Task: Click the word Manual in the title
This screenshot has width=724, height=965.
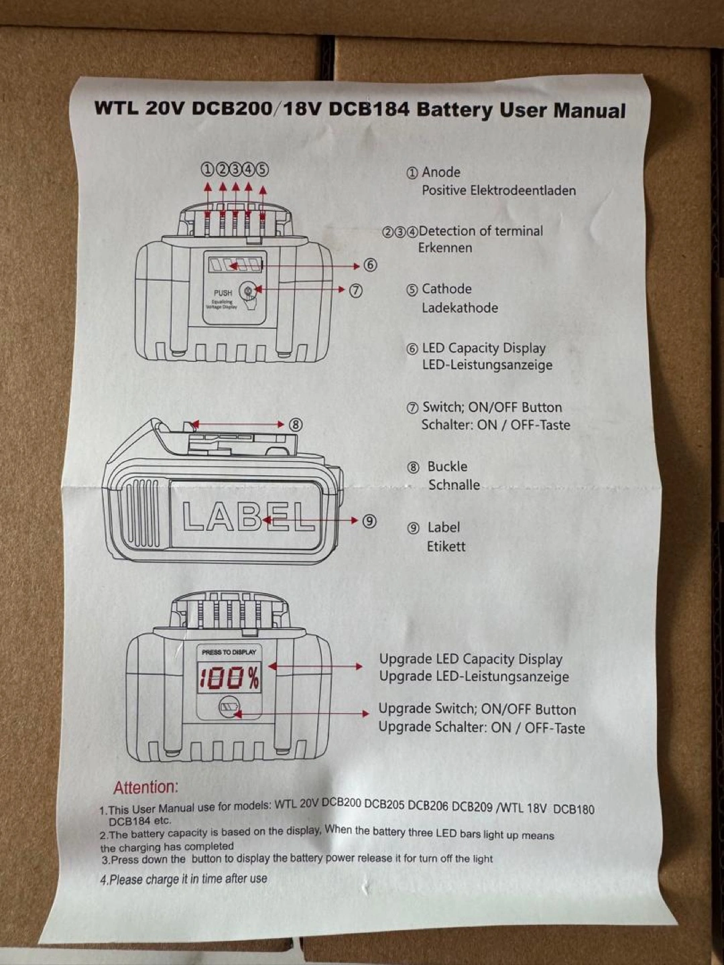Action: [589, 111]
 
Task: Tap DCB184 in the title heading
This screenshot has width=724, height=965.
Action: [368, 109]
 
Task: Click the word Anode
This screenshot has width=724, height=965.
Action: [441, 172]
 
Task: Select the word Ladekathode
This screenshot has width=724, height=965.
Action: [459, 308]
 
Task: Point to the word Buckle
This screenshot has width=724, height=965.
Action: [447, 466]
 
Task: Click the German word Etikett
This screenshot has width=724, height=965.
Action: [446, 546]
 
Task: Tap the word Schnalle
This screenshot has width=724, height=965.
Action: [454, 485]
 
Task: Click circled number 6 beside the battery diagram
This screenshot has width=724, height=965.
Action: [370, 265]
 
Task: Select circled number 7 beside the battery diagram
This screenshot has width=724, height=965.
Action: [356, 290]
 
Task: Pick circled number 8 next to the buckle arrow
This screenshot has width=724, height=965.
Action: [296, 425]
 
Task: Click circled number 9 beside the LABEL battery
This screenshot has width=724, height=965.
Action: [369, 521]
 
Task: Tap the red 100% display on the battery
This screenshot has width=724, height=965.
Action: [229, 678]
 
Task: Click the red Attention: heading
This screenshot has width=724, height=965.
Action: [145, 787]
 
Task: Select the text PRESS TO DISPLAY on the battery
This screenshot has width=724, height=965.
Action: [229, 652]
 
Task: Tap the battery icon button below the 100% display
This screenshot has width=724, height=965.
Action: [229, 707]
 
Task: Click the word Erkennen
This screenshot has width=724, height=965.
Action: [445, 248]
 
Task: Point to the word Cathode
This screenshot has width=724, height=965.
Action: [446, 289]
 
